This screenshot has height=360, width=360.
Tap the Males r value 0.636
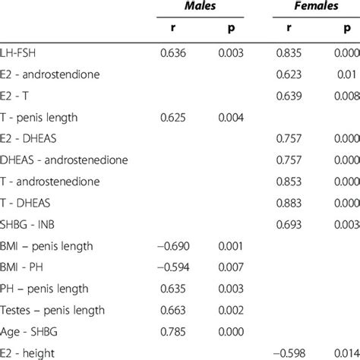pos(175,54)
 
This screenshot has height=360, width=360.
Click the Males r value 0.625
pos(175,118)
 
